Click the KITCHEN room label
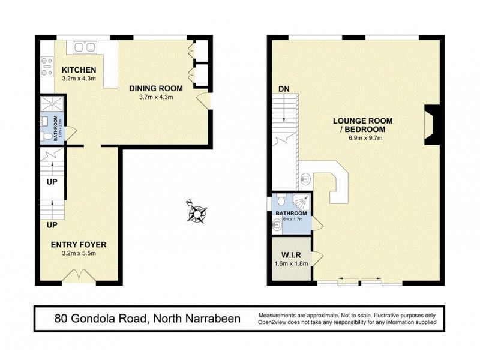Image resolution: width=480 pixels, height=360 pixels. point(79,70)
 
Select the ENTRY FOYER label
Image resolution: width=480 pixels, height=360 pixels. point(79,244)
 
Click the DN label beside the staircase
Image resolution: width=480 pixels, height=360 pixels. point(284,89)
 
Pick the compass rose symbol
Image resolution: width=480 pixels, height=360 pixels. point(197,211)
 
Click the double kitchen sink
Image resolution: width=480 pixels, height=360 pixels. point(85,47)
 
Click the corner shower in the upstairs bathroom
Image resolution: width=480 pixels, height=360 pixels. point(304,201)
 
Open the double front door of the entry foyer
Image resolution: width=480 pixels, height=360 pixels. point(79,276)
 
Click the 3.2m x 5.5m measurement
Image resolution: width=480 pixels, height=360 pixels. point(79,253)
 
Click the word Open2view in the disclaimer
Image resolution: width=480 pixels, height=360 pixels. point(275,322)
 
